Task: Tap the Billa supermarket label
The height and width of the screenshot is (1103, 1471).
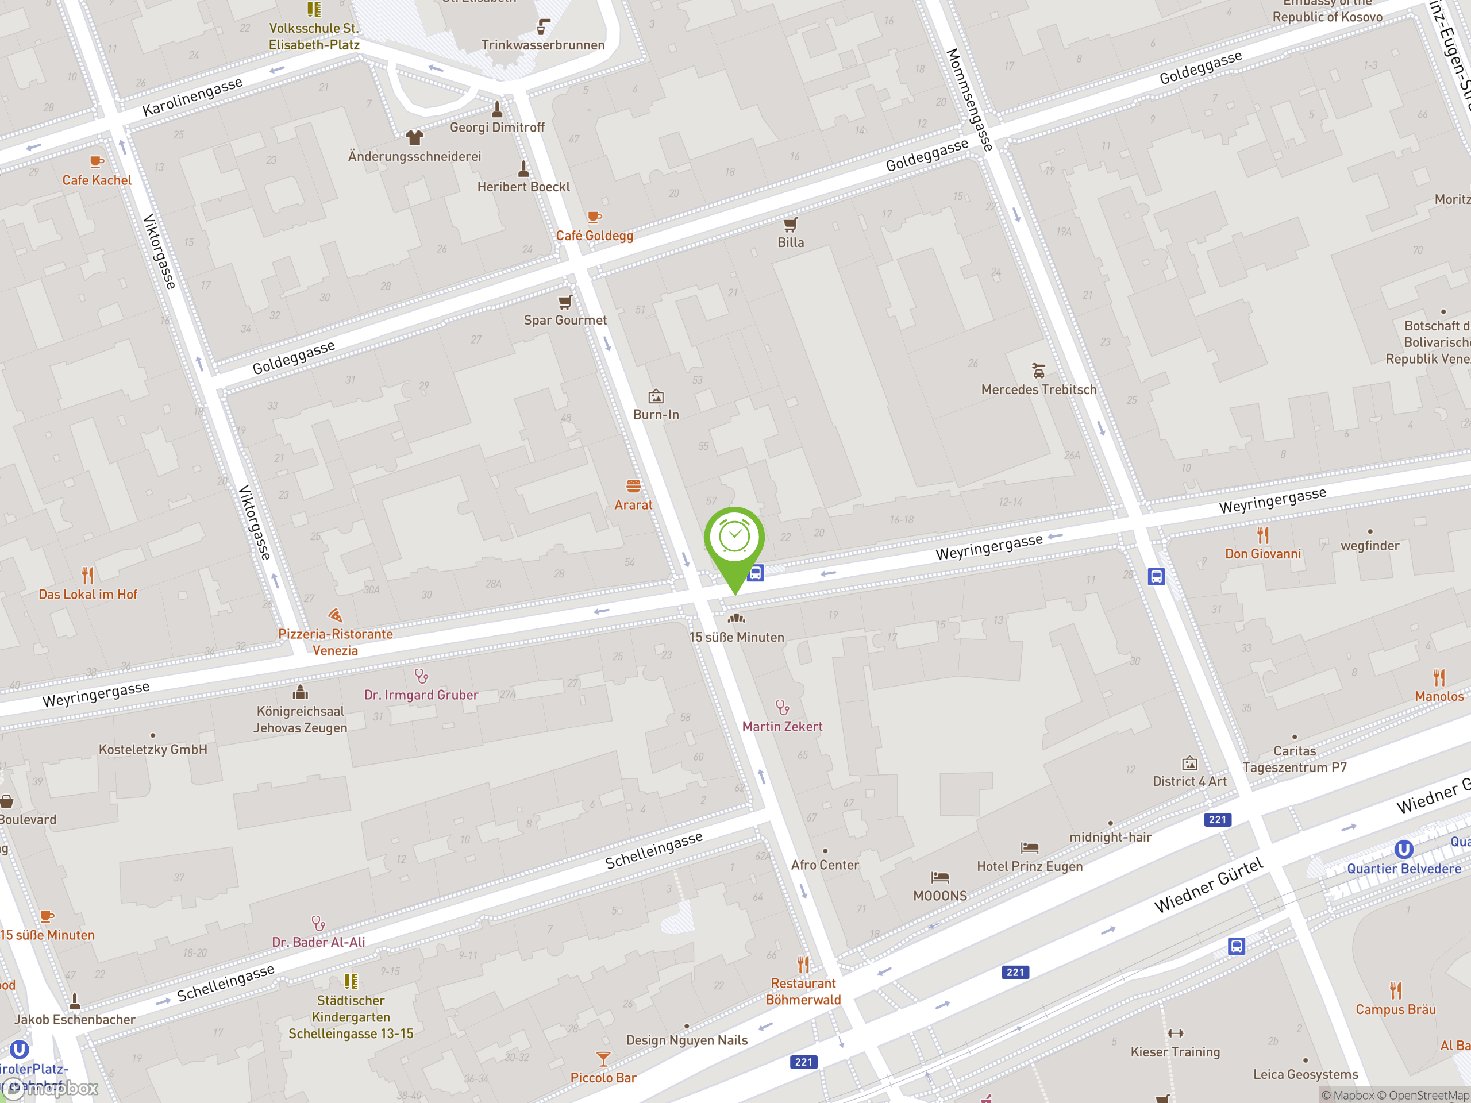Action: pyautogui.click(x=791, y=242)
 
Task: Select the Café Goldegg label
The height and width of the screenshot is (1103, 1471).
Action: pyautogui.click(x=595, y=236)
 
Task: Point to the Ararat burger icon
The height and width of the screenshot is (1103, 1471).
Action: pyautogui.click(x=633, y=486)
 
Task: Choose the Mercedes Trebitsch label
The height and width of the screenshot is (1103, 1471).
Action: pyautogui.click(x=1039, y=389)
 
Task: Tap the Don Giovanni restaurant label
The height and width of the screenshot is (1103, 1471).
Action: pyautogui.click(x=1263, y=554)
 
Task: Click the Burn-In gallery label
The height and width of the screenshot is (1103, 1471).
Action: pyautogui.click(x=656, y=414)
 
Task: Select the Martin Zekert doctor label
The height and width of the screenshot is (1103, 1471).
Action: pyautogui.click(x=782, y=727)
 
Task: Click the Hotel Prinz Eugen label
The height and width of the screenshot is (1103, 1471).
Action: pyautogui.click(x=1030, y=866)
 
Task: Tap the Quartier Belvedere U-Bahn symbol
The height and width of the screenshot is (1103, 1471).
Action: pyautogui.click(x=1403, y=849)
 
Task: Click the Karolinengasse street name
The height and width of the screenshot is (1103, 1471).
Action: pyautogui.click(x=193, y=97)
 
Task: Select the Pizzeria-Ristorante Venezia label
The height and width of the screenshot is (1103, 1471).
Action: pyautogui.click(x=335, y=642)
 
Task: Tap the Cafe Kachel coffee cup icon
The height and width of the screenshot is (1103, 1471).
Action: pyautogui.click(x=97, y=161)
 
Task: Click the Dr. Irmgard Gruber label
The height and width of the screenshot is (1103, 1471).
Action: pyautogui.click(x=421, y=695)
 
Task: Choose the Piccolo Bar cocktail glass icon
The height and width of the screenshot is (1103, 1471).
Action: pyautogui.click(x=603, y=1058)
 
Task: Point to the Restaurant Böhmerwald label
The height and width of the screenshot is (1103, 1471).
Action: pyautogui.click(x=803, y=992)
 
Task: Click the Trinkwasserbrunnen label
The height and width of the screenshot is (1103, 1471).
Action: pyautogui.click(x=542, y=45)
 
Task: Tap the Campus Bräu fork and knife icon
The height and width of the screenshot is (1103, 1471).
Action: pyautogui.click(x=1396, y=990)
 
